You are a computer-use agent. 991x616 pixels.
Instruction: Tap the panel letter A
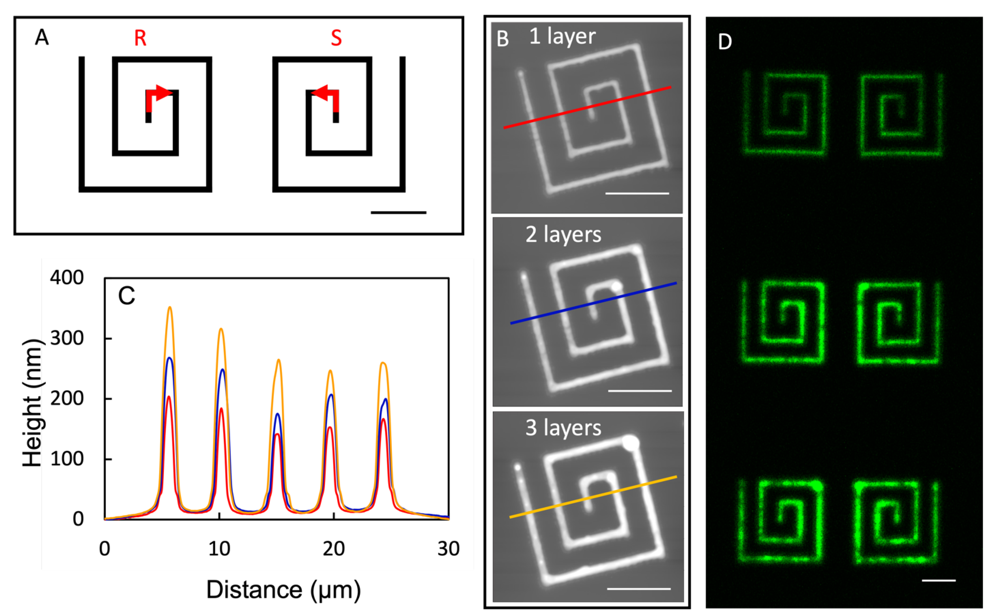coord(42,38)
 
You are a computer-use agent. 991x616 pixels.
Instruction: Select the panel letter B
coord(503,39)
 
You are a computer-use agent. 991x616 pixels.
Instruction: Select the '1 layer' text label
coord(562,37)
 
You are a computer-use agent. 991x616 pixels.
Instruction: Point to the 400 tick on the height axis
coord(67,278)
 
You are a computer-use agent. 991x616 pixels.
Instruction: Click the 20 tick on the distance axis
coord(334,549)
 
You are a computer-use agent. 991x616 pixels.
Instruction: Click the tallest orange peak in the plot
coord(170,308)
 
